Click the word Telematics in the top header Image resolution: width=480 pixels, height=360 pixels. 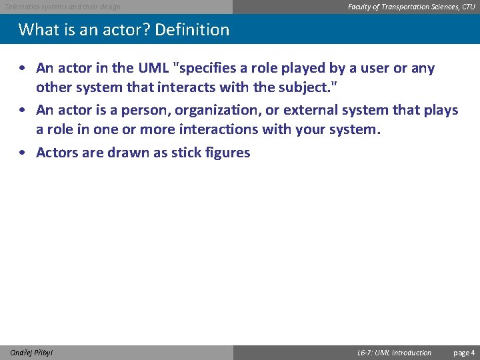point(20,7)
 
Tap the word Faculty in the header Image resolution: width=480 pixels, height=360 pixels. point(361,7)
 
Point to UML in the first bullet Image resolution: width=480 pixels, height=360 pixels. point(153,68)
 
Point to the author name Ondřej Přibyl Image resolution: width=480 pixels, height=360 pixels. point(32,353)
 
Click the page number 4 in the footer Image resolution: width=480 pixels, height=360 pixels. point(473,353)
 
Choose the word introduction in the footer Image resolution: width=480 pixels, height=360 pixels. point(411,353)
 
